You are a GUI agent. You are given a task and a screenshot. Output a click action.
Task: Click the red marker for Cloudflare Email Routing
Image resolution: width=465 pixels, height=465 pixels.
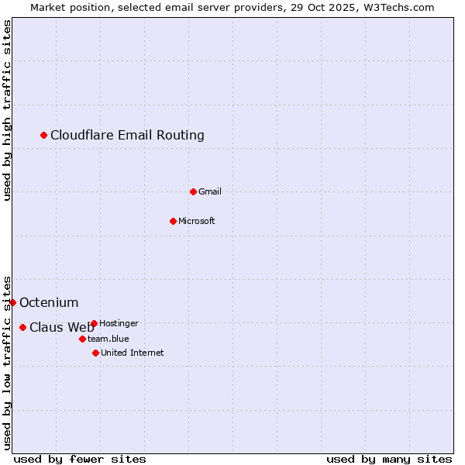point(44,136)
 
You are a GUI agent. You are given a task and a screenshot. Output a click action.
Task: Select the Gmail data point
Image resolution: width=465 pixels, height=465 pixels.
point(193,191)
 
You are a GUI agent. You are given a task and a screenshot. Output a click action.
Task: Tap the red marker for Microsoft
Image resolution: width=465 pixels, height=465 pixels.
point(173,221)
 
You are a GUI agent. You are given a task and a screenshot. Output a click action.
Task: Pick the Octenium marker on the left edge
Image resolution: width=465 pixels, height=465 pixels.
point(12,302)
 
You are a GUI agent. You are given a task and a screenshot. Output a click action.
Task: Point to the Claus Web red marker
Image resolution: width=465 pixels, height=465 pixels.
point(22,327)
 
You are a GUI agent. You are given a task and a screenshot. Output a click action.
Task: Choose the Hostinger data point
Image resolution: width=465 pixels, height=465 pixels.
point(94,323)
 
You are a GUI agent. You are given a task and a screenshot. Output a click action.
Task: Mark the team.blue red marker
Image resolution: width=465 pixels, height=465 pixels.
point(82,339)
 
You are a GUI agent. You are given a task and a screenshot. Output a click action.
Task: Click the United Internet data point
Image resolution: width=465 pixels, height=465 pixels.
point(95,353)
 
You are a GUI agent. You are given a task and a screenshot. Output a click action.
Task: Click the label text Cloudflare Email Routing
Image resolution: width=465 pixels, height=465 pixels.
point(127,136)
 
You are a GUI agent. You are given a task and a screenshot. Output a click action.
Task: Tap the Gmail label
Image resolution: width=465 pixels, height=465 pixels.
point(210,191)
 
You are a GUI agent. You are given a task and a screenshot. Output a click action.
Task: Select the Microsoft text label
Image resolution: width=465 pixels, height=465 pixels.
point(197,221)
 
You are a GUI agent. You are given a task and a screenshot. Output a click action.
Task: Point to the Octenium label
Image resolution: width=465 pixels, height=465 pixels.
point(49,302)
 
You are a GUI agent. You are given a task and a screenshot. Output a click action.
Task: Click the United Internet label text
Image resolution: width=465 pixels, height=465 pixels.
point(133,353)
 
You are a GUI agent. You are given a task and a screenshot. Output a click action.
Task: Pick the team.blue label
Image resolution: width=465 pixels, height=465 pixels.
point(108,339)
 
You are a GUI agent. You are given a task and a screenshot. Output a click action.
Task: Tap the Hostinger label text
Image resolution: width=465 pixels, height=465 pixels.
point(119,323)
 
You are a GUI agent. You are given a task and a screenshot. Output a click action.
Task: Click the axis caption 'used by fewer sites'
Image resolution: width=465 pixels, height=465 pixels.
point(80,459)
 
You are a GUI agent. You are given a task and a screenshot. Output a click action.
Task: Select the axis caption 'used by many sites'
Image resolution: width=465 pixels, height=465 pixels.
point(389,459)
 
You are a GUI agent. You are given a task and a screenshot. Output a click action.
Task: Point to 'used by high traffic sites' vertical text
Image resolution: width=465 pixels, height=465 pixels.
point(8,110)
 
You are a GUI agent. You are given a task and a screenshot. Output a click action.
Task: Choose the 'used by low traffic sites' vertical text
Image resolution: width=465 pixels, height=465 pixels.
point(8,363)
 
